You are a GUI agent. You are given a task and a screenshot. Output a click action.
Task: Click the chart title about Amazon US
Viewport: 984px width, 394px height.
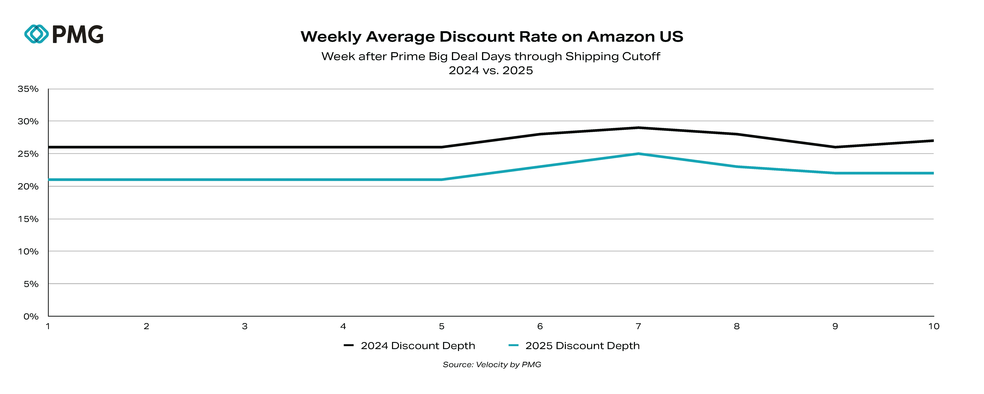click(x=492, y=37)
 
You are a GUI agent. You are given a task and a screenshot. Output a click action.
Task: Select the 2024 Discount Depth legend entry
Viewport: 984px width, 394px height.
click(x=409, y=346)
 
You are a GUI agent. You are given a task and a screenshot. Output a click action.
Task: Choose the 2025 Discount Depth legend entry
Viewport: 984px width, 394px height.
click(x=574, y=346)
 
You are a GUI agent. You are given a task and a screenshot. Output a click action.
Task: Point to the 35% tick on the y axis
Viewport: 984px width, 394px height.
click(x=28, y=89)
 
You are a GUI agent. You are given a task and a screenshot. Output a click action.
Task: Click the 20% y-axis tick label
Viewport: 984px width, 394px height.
click(x=28, y=187)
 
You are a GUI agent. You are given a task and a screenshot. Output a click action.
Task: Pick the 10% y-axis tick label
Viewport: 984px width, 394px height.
click(x=28, y=252)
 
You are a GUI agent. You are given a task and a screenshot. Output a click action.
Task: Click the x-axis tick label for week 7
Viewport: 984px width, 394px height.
click(x=638, y=326)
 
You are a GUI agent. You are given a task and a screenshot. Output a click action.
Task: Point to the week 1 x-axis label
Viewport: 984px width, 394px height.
click(x=48, y=326)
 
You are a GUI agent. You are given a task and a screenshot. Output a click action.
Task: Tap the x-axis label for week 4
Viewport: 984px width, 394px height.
click(x=343, y=326)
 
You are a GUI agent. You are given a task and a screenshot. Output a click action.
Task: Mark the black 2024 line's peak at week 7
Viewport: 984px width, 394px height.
click(x=638, y=128)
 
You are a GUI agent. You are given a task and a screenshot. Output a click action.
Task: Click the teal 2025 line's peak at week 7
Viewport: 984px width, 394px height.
click(x=638, y=154)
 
